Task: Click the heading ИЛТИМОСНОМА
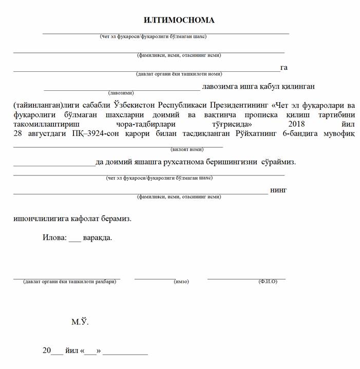pyautogui.click(x=179, y=20)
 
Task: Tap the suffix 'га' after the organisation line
pyautogui.click(x=283, y=68)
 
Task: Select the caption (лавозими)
pyautogui.click(x=121, y=93)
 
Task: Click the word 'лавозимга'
pyautogui.click(x=220, y=86)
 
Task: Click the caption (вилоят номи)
pyautogui.click(x=187, y=149)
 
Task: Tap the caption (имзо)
pyautogui.click(x=182, y=282)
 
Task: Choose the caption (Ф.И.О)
pyautogui.click(x=268, y=282)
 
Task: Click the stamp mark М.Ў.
pyautogui.click(x=80, y=322)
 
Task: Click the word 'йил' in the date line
pyautogui.click(x=72, y=352)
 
